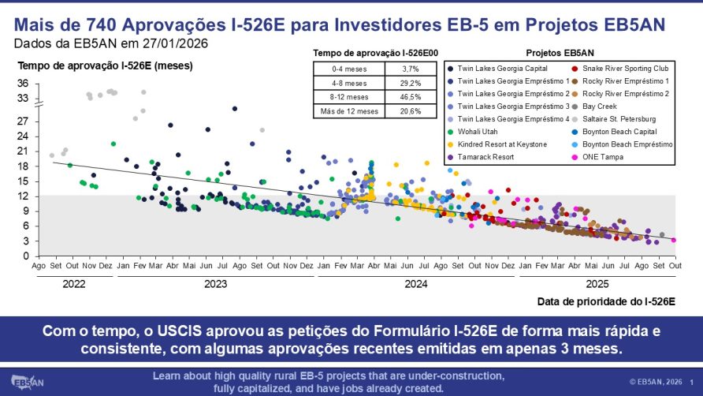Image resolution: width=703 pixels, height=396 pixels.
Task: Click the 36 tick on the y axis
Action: (x=23, y=84)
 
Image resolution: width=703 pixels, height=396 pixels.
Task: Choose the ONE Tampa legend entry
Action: (x=593, y=157)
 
